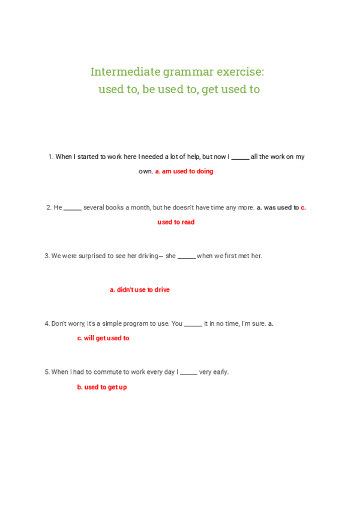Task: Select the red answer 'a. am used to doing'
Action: pyautogui.click(x=184, y=171)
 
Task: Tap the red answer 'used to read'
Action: pyautogui.click(x=176, y=222)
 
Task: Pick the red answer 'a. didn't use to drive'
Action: pyautogui.click(x=139, y=290)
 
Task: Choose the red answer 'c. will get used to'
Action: pyautogui.click(x=103, y=339)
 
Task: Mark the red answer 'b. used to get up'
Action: pyautogui.click(x=102, y=388)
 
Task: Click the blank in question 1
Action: pyautogui.click(x=240, y=157)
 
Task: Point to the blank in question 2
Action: pyautogui.click(x=72, y=208)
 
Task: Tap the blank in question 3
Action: pyautogui.click(x=186, y=256)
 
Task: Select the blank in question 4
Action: pyautogui.click(x=193, y=324)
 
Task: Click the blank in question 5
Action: pyautogui.click(x=188, y=373)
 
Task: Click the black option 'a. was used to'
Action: pyautogui.click(x=278, y=208)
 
